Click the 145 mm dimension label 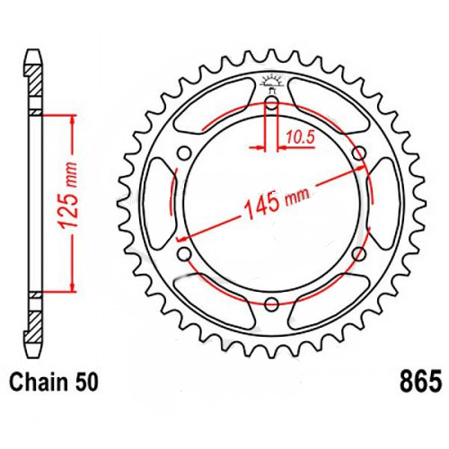click(277, 203)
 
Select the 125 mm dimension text click(68, 197)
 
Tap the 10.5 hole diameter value click(301, 137)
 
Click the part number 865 click(420, 382)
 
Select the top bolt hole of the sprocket click(272, 103)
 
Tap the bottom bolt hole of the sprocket click(272, 304)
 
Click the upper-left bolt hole click(184, 154)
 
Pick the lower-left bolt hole click(185, 255)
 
